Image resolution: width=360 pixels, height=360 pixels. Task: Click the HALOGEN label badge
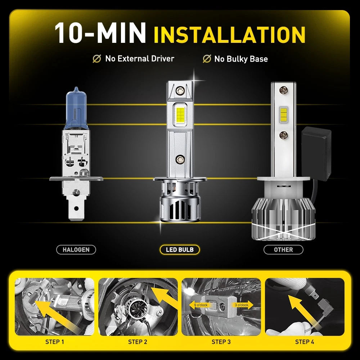click(x=76, y=249)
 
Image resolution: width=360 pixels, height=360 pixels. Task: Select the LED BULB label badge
click(x=180, y=249)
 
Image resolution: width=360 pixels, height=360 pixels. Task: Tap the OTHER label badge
click(x=283, y=249)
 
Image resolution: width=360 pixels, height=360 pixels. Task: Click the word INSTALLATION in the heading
click(x=229, y=35)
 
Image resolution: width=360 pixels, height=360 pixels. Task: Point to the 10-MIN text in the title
click(x=100, y=33)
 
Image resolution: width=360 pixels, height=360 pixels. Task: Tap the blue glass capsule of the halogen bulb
click(x=76, y=108)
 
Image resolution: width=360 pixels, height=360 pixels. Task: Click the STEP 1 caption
click(x=55, y=342)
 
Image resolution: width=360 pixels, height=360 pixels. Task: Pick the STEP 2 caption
click(x=138, y=342)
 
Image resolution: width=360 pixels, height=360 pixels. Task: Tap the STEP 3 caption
click(x=221, y=342)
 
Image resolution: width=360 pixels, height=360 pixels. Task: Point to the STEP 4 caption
click(x=305, y=342)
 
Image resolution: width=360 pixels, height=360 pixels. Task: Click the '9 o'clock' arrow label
click(x=199, y=305)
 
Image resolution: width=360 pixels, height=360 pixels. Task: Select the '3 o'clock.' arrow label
click(x=243, y=305)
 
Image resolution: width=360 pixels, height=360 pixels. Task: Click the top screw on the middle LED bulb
click(x=180, y=90)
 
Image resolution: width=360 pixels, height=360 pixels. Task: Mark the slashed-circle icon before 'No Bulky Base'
click(x=207, y=59)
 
